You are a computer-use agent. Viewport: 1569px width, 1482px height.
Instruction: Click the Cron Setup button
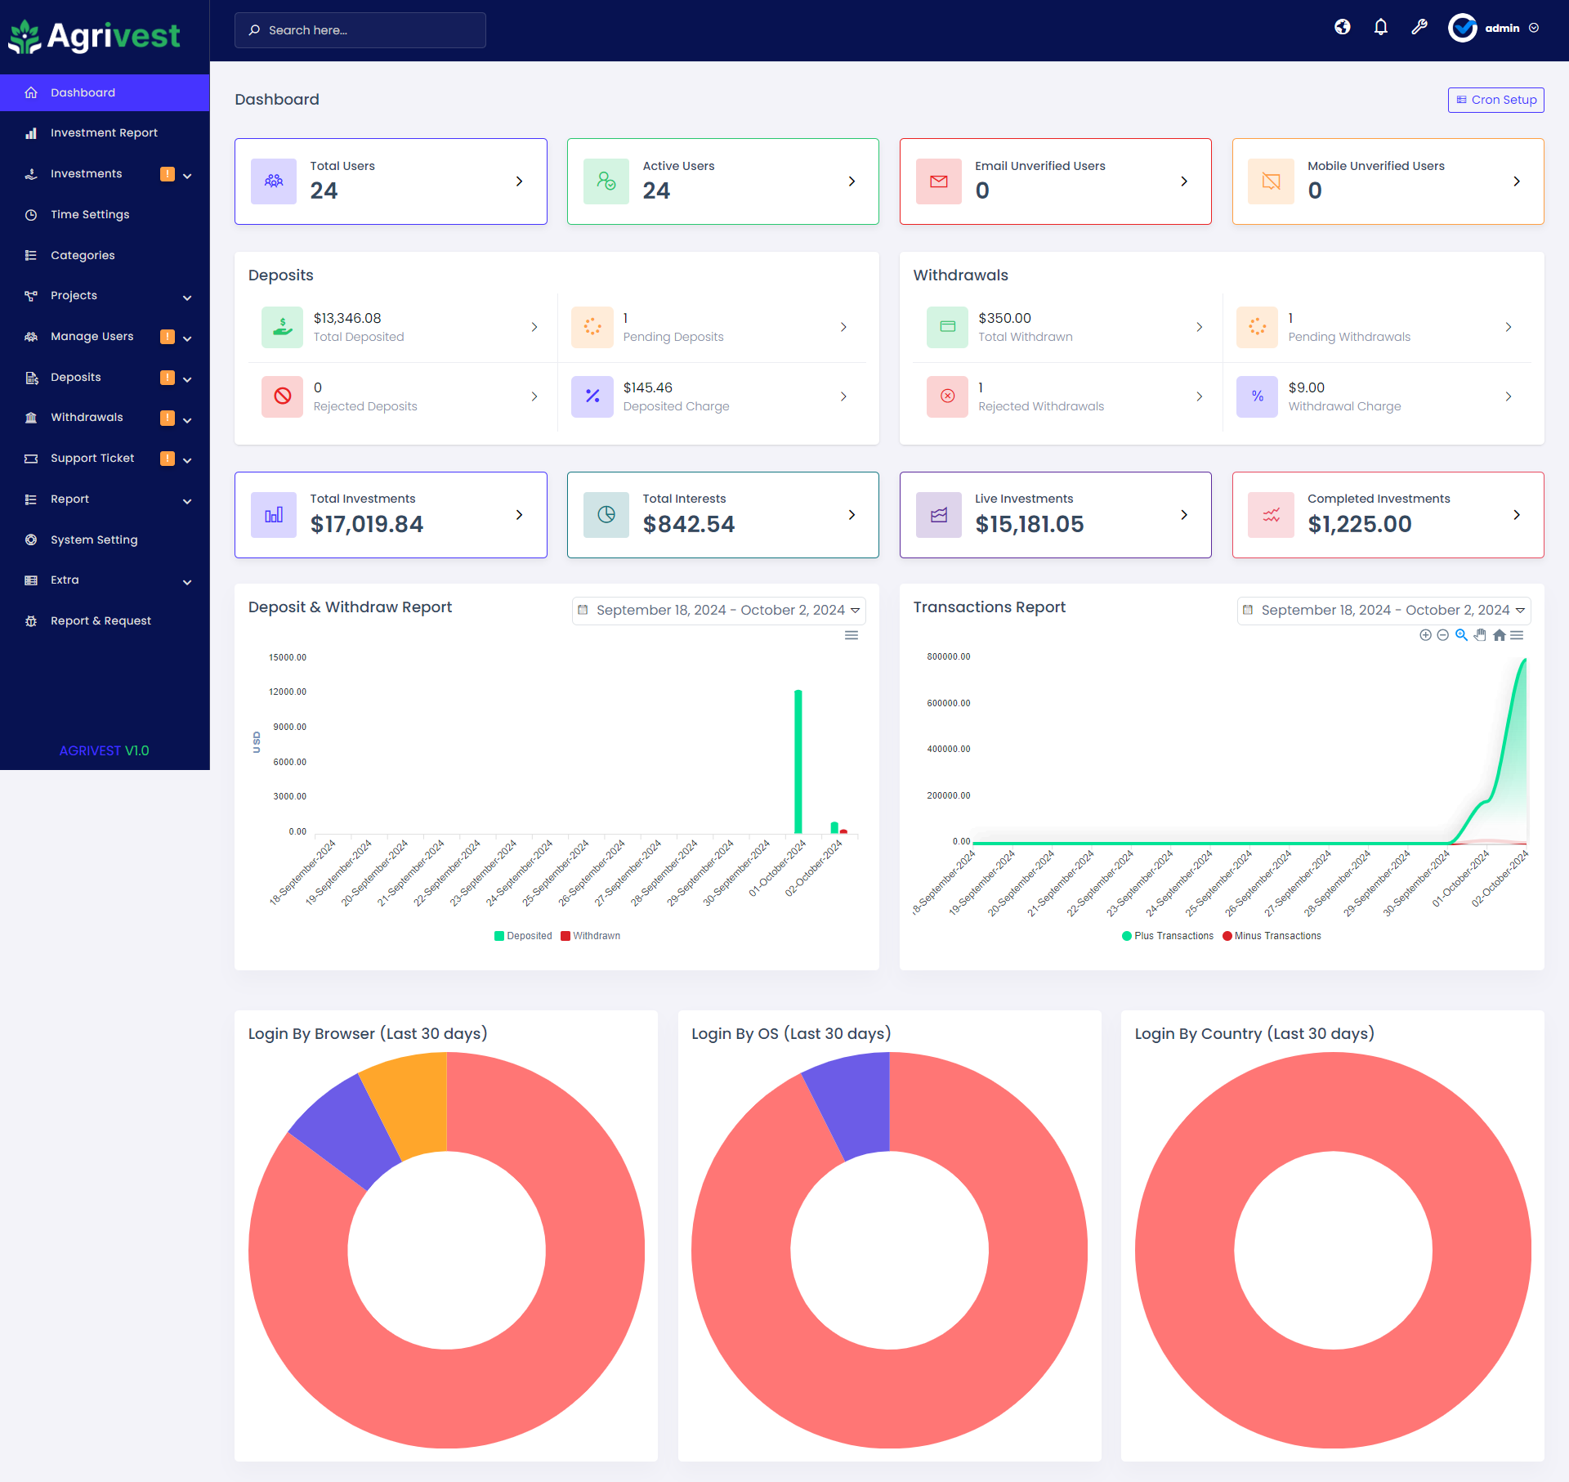pyautogui.click(x=1495, y=100)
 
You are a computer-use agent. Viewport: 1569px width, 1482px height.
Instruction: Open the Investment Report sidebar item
pyautogui.click(x=104, y=132)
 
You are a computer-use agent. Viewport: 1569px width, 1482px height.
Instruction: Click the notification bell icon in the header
pyautogui.click(x=1380, y=28)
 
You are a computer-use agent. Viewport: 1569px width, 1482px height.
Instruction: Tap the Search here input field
pyautogui.click(x=360, y=30)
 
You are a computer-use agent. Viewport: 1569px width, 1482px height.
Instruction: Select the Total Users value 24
pyautogui.click(x=324, y=191)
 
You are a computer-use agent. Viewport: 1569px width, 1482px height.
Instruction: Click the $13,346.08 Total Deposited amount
pyautogui.click(x=347, y=318)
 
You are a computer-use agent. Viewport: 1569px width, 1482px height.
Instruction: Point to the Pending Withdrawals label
pyautogui.click(x=1348, y=337)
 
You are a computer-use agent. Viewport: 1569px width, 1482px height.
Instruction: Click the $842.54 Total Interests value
pyautogui.click(x=688, y=524)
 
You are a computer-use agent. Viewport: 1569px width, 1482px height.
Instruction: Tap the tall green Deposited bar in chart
pyautogui.click(x=798, y=760)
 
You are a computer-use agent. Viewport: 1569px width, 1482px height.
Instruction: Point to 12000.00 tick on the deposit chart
pyautogui.click(x=288, y=692)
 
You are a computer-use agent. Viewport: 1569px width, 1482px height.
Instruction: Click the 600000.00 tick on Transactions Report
pyautogui.click(x=948, y=703)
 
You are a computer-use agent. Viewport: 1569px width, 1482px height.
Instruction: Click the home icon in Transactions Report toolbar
pyautogui.click(x=1499, y=635)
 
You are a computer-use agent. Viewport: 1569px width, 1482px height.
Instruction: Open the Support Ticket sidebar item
pyautogui.click(x=92, y=458)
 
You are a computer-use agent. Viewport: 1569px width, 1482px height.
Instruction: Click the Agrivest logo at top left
pyautogui.click(x=94, y=36)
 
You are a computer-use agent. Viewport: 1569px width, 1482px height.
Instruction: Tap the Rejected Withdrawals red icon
pyautogui.click(x=947, y=396)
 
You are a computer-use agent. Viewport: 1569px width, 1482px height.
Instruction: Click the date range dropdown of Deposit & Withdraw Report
pyautogui.click(x=718, y=610)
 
